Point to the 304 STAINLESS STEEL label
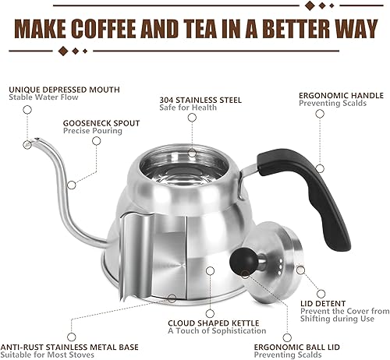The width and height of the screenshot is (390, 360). click(x=200, y=100)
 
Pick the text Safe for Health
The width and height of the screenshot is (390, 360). click(x=193, y=110)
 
